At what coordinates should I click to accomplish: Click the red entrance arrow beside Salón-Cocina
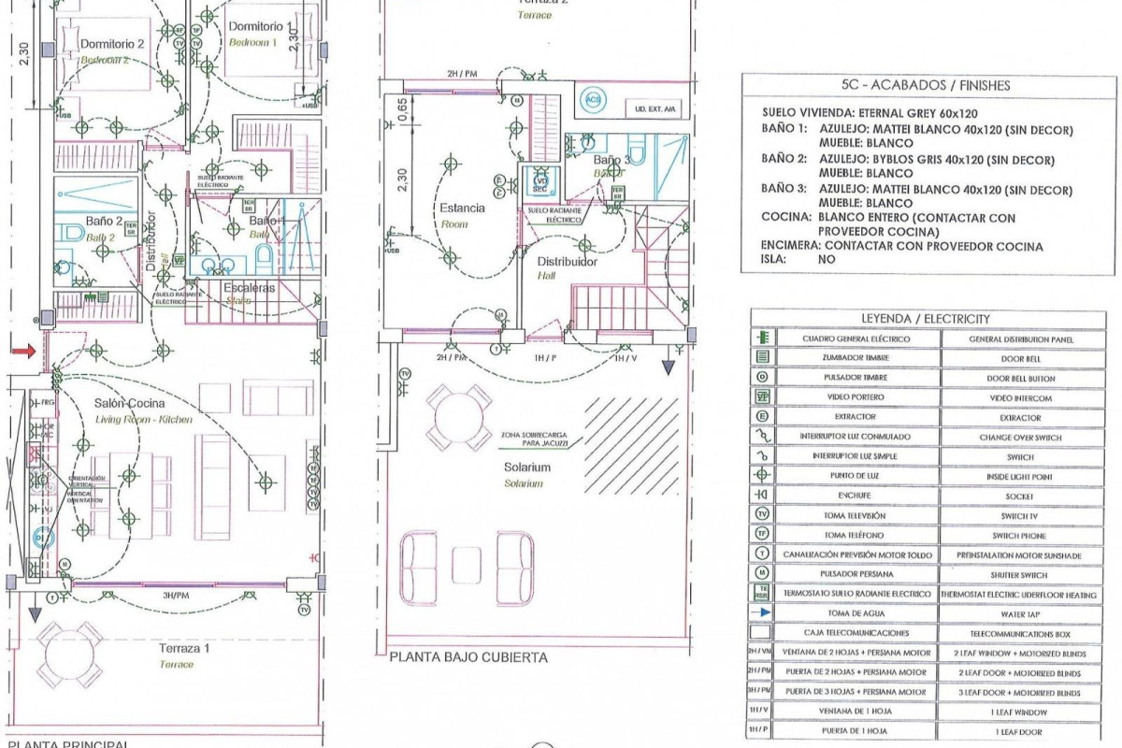coord(25,351)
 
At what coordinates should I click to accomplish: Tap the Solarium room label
coord(525,467)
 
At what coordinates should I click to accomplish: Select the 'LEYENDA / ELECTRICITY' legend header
coord(926,319)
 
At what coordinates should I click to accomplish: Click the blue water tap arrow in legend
coord(763,613)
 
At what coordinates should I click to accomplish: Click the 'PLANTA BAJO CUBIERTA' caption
coord(467,657)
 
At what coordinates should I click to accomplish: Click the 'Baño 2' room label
coord(105,222)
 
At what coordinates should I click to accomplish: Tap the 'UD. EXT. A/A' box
coord(655,109)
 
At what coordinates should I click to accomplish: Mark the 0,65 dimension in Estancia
coord(402,110)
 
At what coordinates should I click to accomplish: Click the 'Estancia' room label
coord(462,209)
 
